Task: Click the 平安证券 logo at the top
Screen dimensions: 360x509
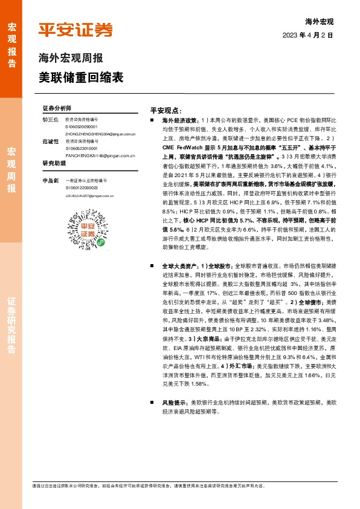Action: click(x=76, y=29)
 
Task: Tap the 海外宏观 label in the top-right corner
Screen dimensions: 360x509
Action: click(x=320, y=21)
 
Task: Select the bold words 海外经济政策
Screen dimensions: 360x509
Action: click(x=180, y=121)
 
